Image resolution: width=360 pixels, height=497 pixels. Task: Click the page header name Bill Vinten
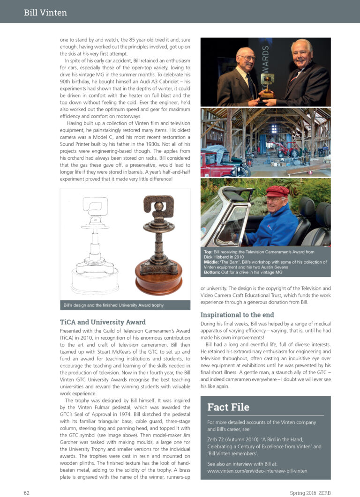(45, 13)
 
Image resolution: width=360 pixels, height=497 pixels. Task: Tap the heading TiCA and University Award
(103, 322)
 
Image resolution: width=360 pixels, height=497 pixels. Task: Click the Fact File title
(228, 407)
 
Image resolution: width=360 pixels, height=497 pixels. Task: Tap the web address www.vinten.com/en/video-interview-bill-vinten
(257, 470)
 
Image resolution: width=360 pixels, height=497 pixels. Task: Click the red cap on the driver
(277, 191)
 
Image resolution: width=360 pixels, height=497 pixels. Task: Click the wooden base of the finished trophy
(158, 281)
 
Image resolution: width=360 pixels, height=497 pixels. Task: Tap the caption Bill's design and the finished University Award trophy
(113, 305)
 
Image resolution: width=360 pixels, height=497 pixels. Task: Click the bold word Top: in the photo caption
(209, 252)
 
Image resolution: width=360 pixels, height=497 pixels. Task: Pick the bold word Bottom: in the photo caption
(214, 272)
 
